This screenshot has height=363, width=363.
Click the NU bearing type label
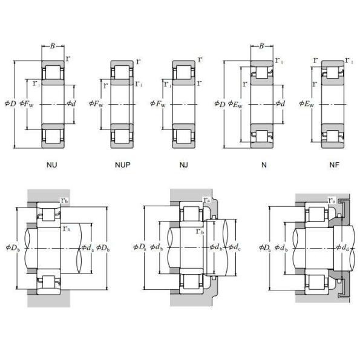coord(52,165)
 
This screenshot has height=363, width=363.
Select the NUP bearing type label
coord(123,165)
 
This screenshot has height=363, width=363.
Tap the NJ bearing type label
coord(183,165)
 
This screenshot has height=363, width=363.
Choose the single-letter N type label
coord(264,165)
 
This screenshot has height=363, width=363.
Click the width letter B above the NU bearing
coord(52,45)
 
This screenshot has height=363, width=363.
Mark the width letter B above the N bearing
coord(261,45)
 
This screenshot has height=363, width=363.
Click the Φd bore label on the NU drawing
coord(71,103)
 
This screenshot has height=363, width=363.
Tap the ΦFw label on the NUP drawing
coord(96,103)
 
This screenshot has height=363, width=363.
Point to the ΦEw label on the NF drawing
coord(307,103)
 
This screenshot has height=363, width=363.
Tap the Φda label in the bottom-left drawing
coord(87,247)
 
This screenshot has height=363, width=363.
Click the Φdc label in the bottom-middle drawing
coord(232,247)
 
